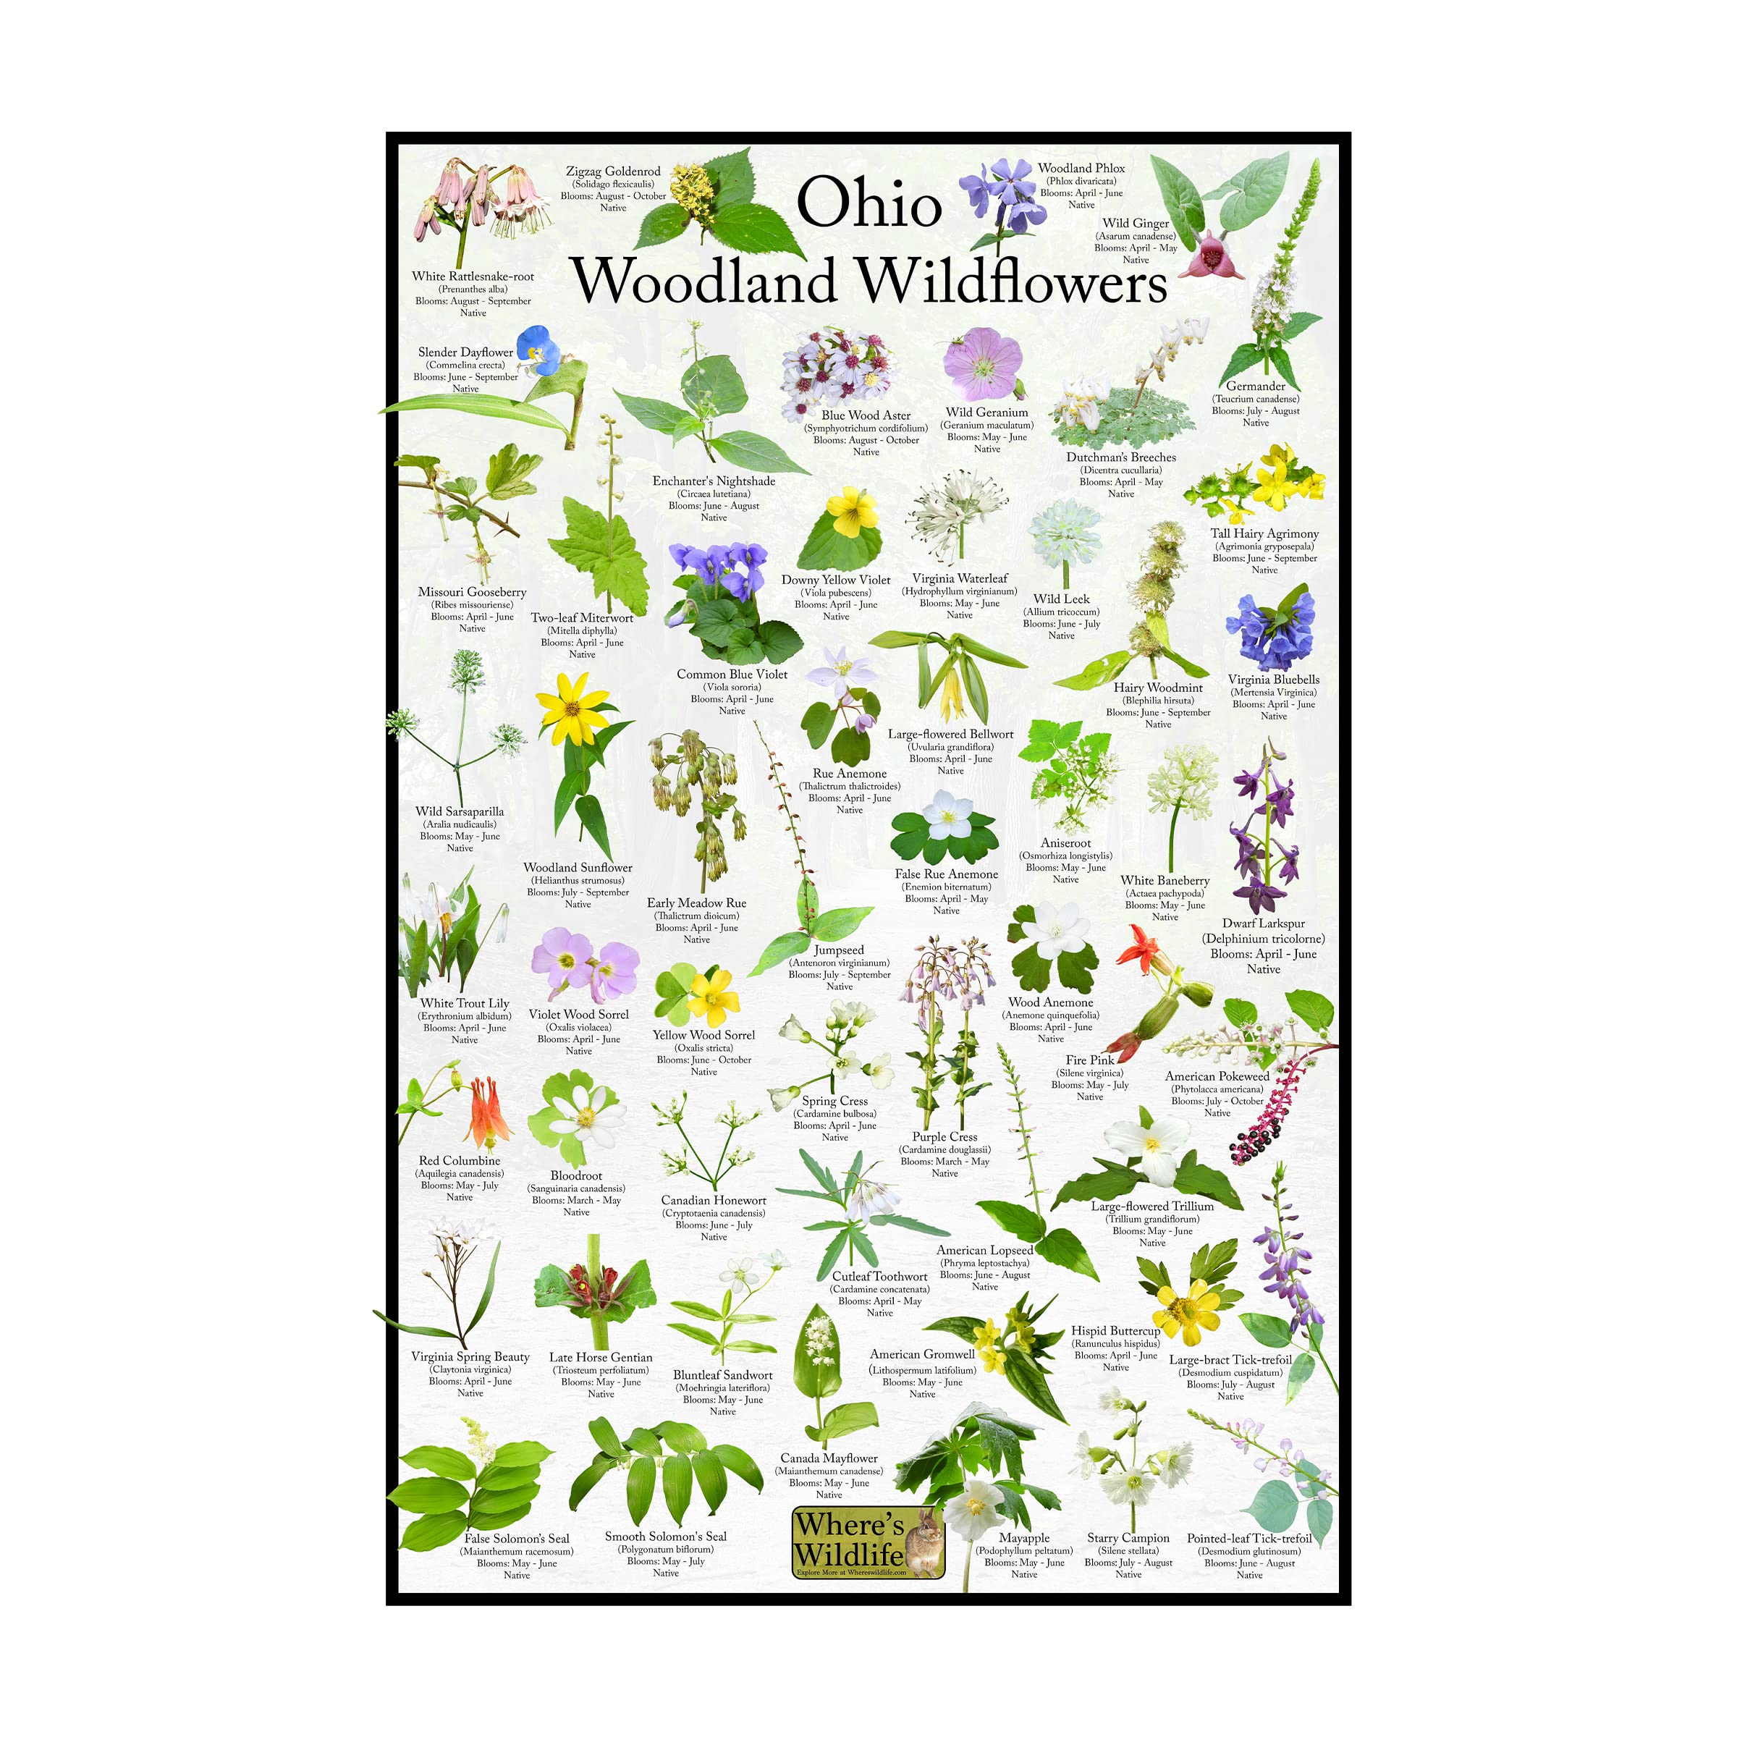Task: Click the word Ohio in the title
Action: coord(868,203)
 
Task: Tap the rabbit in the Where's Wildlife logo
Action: coord(925,1544)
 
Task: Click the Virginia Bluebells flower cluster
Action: coord(1269,630)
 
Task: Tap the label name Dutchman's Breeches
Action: coord(1120,457)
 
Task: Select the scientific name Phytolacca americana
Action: coord(1217,1089)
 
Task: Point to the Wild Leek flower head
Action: coord(1065,531)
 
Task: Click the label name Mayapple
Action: coord(1023,1538)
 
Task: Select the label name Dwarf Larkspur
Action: coord(1262,924)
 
